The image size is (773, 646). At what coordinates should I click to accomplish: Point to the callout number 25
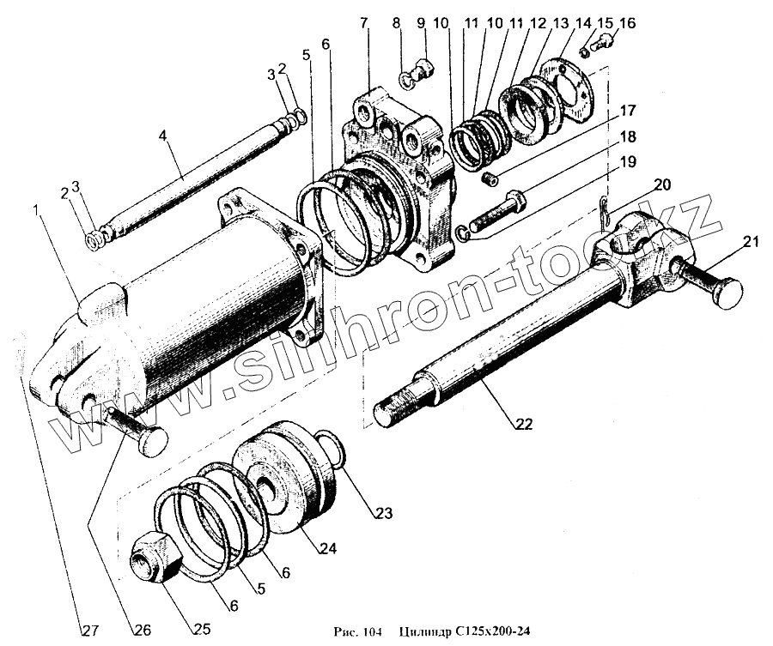pyautogui.click(x=201, y=629)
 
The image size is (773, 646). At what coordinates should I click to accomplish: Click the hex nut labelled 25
pyautogui.click(x=154, y=555)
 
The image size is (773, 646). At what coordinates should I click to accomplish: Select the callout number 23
pyautogui.click(x=381, y=514)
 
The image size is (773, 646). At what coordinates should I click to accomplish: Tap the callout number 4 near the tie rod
pyautogui.click(x=164, y=136)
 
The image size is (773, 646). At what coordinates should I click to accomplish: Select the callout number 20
pyautogui.click(x=662, y=184)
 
